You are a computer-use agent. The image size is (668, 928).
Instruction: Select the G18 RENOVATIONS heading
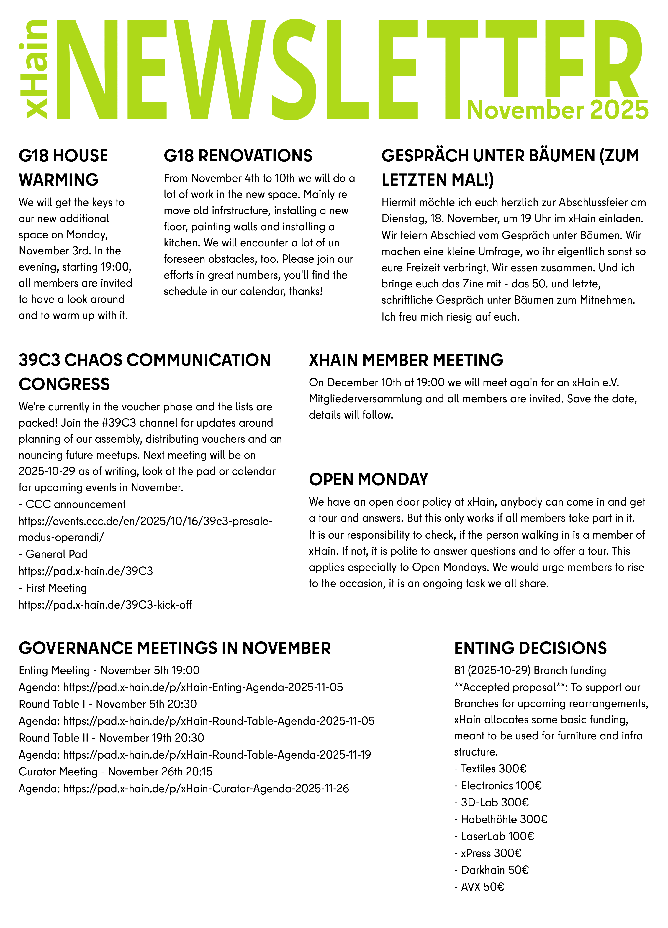pos(238,156)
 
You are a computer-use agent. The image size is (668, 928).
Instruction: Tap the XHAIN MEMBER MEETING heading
pos(406,360)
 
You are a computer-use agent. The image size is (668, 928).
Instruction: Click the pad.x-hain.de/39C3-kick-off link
pos(105,605)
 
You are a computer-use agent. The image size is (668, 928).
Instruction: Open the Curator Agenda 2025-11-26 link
pos(206,788)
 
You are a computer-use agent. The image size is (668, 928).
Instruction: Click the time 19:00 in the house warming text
pos(116,267)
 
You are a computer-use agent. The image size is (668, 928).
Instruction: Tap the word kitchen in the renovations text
pos(182,243)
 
